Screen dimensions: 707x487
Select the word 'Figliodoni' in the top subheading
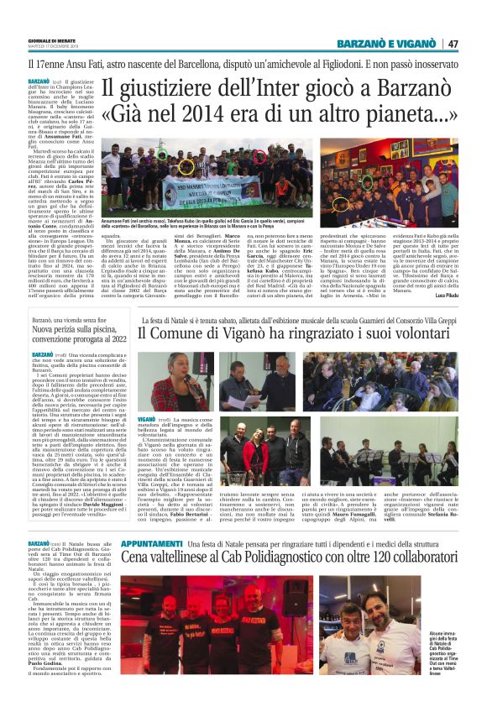pyautogui.click(x=353, y=62)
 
